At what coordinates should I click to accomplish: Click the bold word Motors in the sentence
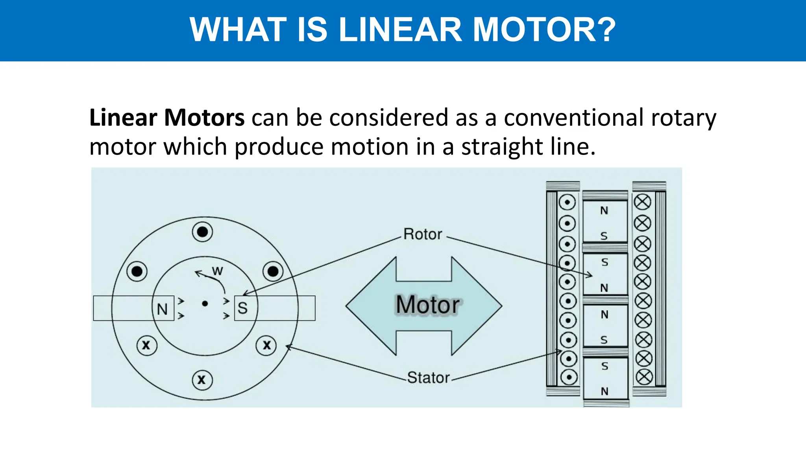[x=204, y=118]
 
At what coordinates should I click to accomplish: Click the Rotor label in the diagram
[x=423, y=234]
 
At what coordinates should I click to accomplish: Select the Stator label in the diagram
[x=428, y=377]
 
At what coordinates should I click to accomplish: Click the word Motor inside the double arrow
[x=427, y=305]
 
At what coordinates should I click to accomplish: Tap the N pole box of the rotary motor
[x=163, y=309]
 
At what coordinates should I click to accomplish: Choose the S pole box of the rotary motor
[x=243, y=308]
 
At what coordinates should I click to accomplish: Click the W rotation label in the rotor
[x=217, y=271]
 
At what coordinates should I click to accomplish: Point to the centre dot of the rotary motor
[x=205, y=304]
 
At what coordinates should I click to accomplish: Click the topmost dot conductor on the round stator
[x=202, y=232]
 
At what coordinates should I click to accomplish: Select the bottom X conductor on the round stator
[x=202, y=380]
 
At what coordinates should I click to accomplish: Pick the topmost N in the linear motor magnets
[x=604, y=211]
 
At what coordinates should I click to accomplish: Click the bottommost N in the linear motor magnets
[x=604, y=391]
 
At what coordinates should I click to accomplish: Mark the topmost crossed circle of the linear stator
[x=642, y=202]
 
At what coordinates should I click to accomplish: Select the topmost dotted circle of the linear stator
[x=567, y=203]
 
